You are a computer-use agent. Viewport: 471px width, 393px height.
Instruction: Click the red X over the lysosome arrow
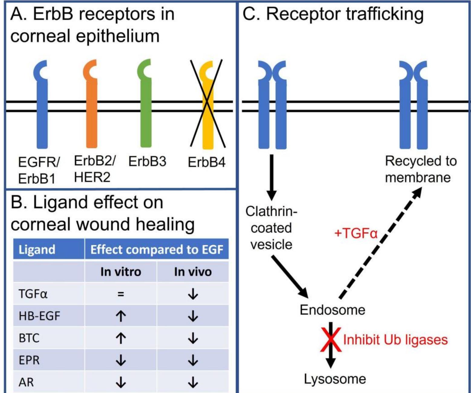[x=331, y=339]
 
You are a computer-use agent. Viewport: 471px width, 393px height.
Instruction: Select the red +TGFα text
[x=356, y=233]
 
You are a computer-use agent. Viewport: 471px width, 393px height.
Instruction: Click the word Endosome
[x=332, y=310]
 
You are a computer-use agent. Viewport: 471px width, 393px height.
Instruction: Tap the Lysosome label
[x=335, y=379]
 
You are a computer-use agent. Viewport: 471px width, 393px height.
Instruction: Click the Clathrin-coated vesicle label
[x=271, y=228]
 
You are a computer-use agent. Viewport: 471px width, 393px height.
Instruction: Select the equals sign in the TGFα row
[x=121, y=294]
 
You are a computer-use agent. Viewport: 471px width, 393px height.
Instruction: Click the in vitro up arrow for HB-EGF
[x=121, y=316]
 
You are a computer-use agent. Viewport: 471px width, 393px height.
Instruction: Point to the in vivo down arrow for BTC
[x=193, y=338]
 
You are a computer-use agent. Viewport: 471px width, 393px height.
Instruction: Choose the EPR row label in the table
[x=29, y=360]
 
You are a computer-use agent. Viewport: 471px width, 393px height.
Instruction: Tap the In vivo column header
[x=193, y=272]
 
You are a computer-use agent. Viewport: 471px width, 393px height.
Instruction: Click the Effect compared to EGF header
[x=157, y=249]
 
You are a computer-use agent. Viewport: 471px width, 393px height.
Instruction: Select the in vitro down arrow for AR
[x=121, y=382]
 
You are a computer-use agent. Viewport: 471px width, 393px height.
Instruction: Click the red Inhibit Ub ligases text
[x=395, y=339]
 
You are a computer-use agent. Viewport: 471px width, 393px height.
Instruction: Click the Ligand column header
[x=37, y=249]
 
